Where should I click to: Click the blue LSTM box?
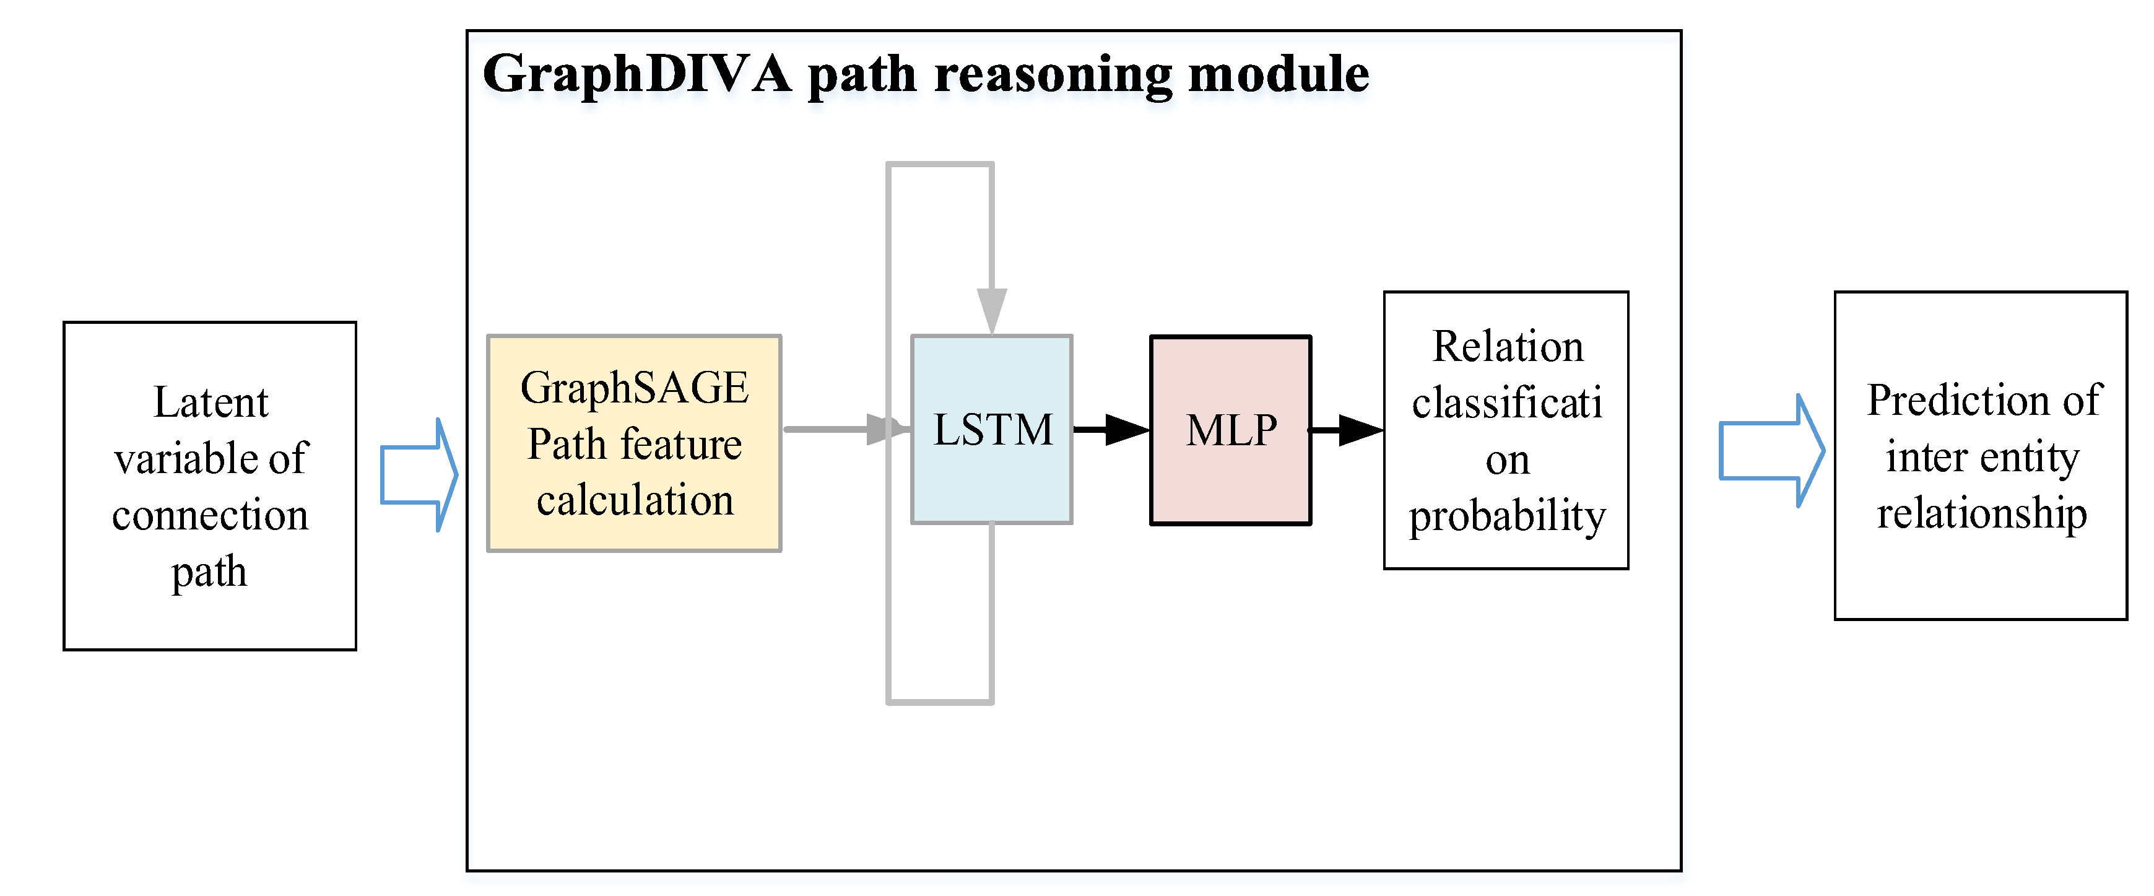point(992,430)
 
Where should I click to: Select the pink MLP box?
point(1231,430)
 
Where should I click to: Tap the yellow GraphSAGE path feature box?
point(635,443)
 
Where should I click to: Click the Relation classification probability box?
point(1506,430)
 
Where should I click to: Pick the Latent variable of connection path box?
point(210,486)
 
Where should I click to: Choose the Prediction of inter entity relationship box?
point(1981,456)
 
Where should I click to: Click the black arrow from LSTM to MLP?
point(1111,430)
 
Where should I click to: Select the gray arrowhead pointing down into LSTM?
point(992,311)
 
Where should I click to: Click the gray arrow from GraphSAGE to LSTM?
point(847,429)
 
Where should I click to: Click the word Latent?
point(211,402)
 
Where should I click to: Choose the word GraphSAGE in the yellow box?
point(635,388)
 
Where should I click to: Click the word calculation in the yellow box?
point(635,500)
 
